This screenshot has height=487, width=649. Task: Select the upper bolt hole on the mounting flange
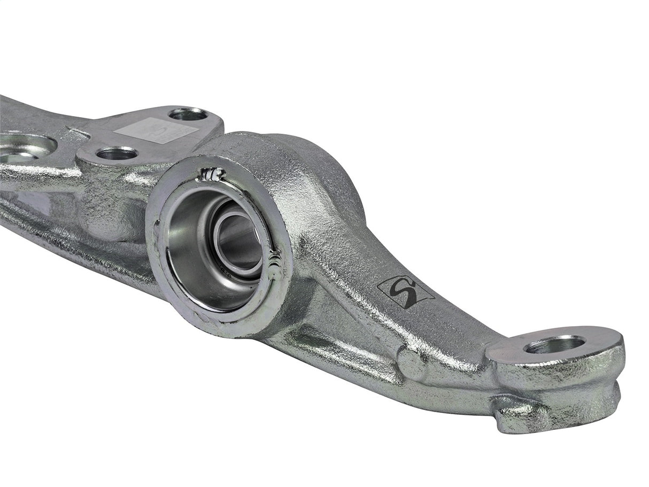pos(187,114)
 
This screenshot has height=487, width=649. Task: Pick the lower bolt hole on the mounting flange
pos(117,154)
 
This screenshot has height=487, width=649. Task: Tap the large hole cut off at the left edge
pos(21,147)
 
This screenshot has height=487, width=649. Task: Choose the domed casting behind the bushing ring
pos(299,160)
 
